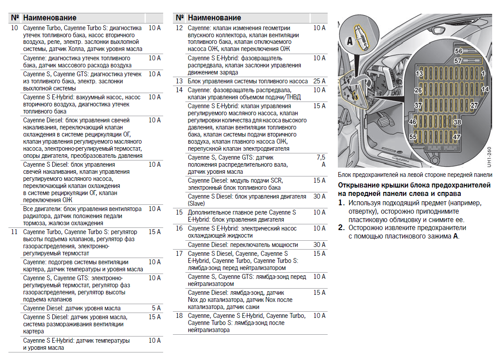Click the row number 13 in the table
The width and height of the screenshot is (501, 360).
tap(179, 81)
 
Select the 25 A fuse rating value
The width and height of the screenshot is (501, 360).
tap(319, 81)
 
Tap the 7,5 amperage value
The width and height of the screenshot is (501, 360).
tap(321, 157)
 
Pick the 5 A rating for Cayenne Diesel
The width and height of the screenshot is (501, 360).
tap(156, 308)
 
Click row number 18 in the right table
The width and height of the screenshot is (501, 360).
tap(179, 316)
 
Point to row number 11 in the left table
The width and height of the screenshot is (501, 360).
tap(14, 232)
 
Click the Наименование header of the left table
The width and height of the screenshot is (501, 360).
tap(50, 18)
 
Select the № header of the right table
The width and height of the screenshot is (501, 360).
tap(179, 18)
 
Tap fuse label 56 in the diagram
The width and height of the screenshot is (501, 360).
tap(458, 51)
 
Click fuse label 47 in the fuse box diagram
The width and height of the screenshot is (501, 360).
tap(457, 137)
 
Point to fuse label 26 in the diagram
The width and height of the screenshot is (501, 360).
tap(418, 90)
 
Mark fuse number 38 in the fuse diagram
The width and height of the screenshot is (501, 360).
tap(457, 122)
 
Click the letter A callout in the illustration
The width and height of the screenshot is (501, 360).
tap(349, 41)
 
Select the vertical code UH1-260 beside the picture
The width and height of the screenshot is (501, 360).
tap(489, 157)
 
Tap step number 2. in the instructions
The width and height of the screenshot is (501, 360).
tap(341, 228)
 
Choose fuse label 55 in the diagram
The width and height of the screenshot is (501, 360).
tap(413, 137)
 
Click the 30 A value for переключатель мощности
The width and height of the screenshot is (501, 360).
tap(319, 245)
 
